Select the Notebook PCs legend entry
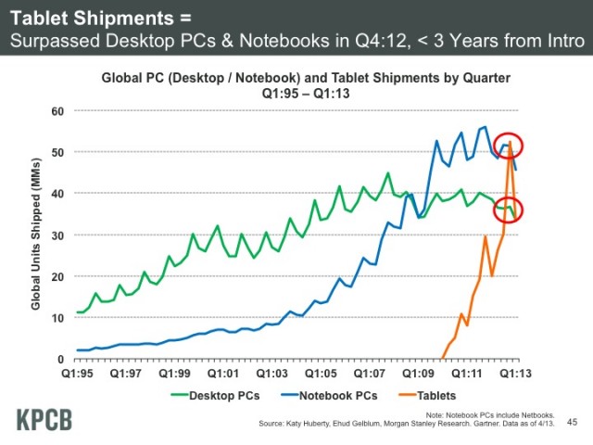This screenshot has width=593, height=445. tap(338, 396)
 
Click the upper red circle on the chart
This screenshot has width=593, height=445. tap(509, 144)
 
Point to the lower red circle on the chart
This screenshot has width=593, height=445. tap(509, 210)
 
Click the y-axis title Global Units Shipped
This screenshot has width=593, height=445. tap(35, 235)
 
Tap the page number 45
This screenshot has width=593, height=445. tap(572, 423)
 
